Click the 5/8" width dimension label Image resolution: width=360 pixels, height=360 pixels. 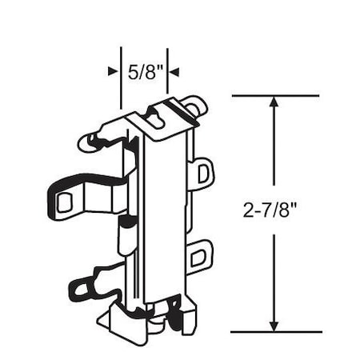(x=146, y=71)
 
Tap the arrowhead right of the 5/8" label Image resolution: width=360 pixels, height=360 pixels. (x=174, y=71)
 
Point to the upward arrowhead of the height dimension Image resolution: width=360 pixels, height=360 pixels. (x=274, y=102)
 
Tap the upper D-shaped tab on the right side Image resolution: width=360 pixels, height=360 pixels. (x=203, y=172)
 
